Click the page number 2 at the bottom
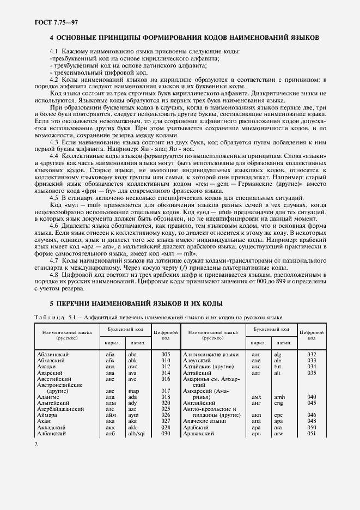coord(36,445)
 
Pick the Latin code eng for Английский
coord(279,403)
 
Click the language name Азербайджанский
coord(59,409)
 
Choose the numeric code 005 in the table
coord(166,354)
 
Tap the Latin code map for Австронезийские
coord(133,391)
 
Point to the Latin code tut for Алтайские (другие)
coord(278,366)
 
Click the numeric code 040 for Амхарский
coord(312,397)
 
